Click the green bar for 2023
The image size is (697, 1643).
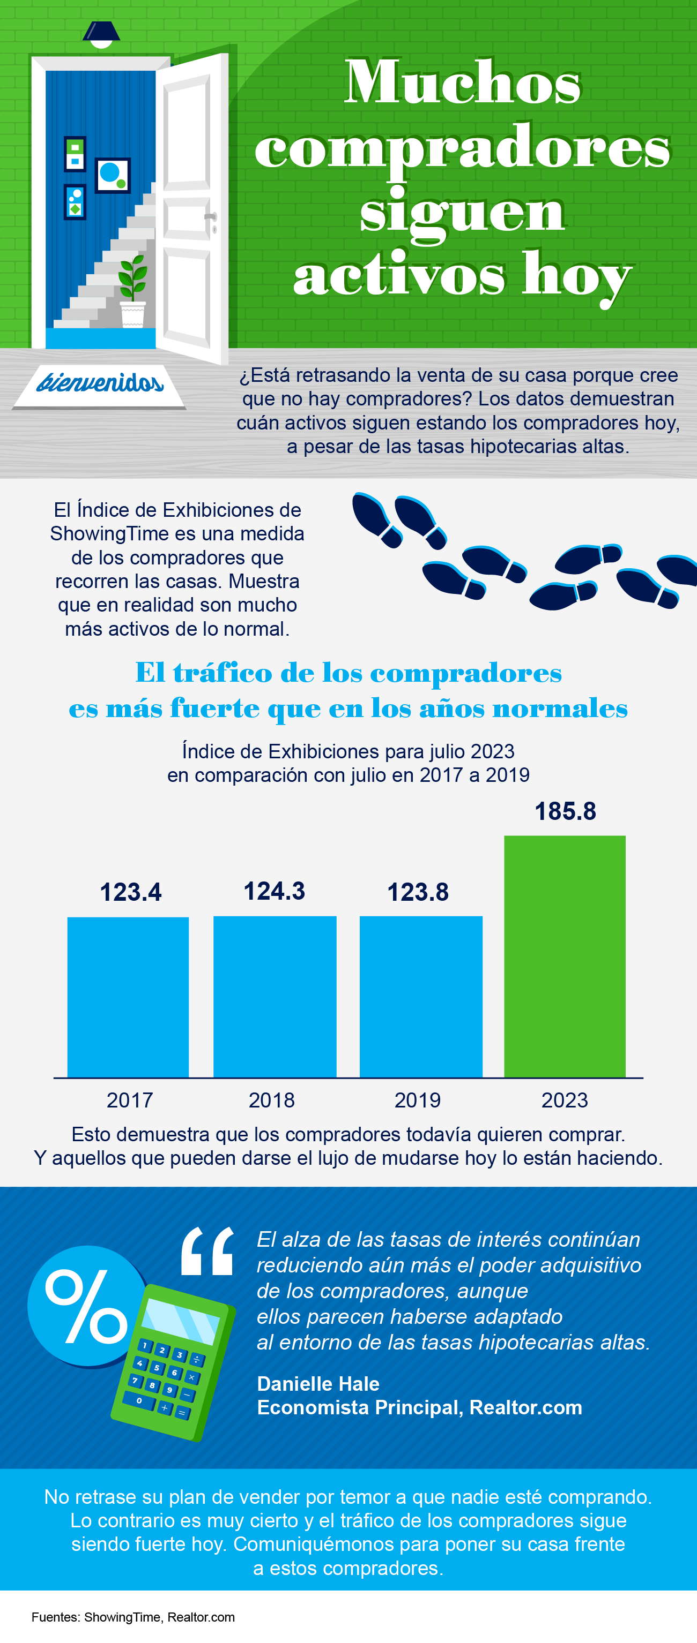pyautogui.click(x=565, y=956)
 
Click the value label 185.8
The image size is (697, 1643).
pyautogui.click(x=565, y=811)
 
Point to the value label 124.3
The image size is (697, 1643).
pyautogui.click(x=275, y=891)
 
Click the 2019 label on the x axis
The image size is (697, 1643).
pyautogui.click(x=418, y=1100)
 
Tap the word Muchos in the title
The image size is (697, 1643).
pyautogui.click(x=463, y=83)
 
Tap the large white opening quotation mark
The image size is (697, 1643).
pyautogui.click(x=207, y=1252)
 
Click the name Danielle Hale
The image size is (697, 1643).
pyautogui.click(x=318, y=1383)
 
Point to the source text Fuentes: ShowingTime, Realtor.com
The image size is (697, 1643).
pyautogui.click(x=133, y=1617)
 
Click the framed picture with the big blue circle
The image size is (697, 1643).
pyautogui.click(x=113, y=175)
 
